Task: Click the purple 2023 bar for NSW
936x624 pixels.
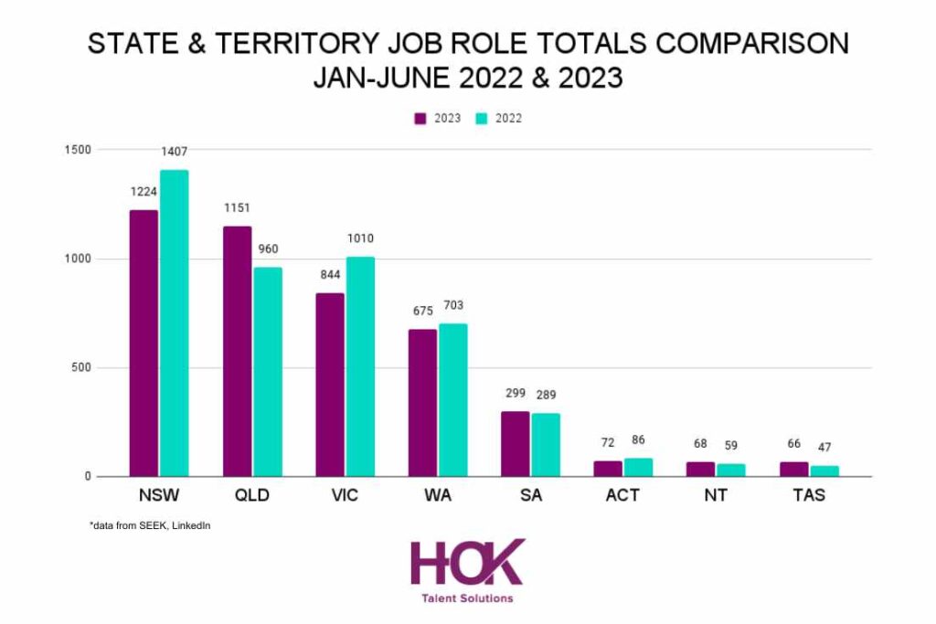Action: coord(144,343)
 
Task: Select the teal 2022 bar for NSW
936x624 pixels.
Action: coord(174,323)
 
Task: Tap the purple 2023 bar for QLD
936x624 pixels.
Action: coord(237,351)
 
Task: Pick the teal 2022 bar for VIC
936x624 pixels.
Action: coord(359,366)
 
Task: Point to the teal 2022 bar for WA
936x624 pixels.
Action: coord(452,400)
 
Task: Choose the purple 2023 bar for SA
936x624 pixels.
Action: coord(516,444)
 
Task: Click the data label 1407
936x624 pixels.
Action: coord(174,151)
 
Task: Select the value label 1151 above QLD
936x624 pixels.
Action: coord(238,207)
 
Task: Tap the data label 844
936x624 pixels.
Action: coord(329,274)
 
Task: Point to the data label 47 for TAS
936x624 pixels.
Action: coord(824,448)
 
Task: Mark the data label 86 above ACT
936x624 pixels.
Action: coord(638,440)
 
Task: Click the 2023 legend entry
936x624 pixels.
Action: coord(438,119)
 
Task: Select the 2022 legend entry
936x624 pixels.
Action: coord(499,119)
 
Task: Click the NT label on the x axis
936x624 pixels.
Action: coord(716,496)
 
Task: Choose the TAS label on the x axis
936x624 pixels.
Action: coord(809,496)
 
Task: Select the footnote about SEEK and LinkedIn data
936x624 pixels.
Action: coord(151,525)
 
